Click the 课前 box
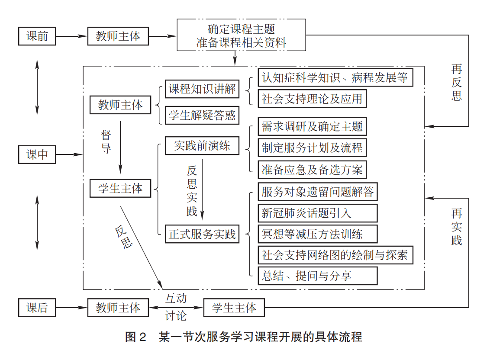tap(37, 36)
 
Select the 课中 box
tap(37, 154)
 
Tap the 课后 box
tap(37, 308)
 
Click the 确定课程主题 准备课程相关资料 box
tap(241, 36)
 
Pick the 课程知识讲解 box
tap(202, 90)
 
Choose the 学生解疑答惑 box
tap(202, 115)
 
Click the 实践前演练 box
tap(202, 146)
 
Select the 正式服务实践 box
tap(202, 234)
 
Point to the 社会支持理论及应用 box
tap(312, 99)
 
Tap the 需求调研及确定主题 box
tap(312, 127)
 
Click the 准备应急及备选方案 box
tap(312, 170)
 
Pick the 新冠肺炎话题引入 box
tap(317, 213)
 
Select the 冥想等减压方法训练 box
tap(317, 234)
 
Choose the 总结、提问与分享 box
tap(317, 276)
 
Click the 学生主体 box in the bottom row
tap(234, 308)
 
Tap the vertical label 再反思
tap(457, 82)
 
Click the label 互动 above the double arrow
tap(176, 298)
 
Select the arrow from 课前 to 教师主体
tap(71, 36)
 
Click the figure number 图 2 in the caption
tap(136, 337)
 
